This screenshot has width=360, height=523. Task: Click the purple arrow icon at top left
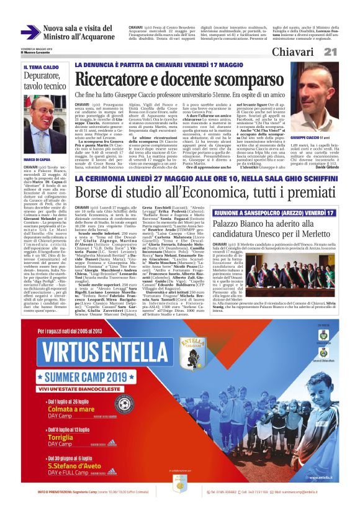(30, 32)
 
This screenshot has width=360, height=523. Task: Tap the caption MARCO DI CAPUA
(37, 160)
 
